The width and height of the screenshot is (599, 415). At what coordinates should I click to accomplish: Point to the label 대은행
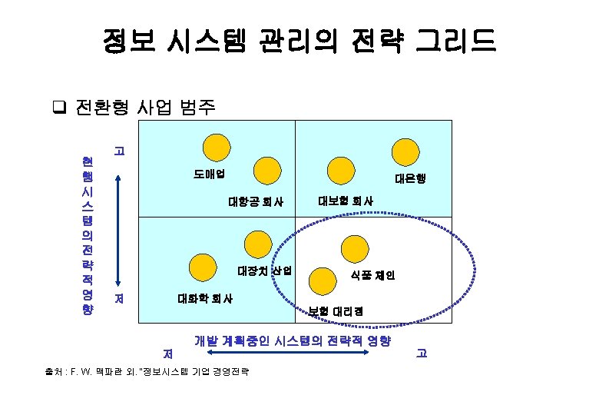(x=409, y=178)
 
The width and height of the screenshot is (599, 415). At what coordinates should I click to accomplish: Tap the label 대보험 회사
(x=346, y=201)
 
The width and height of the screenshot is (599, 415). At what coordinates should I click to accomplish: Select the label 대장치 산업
(x=264, y=271)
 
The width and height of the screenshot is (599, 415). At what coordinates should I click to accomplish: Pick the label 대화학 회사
(x=206, y=298)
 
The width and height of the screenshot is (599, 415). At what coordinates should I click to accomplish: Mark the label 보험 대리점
(x=336, y=311)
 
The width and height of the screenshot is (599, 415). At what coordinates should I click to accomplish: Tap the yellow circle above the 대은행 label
(x=404, y=151)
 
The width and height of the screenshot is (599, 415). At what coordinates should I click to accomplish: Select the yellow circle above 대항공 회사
(x=267, y=171)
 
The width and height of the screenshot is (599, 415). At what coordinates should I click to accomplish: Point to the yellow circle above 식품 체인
(x=355, y=249)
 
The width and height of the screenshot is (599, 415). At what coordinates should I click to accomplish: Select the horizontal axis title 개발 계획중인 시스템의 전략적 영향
(x=293, y=340)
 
